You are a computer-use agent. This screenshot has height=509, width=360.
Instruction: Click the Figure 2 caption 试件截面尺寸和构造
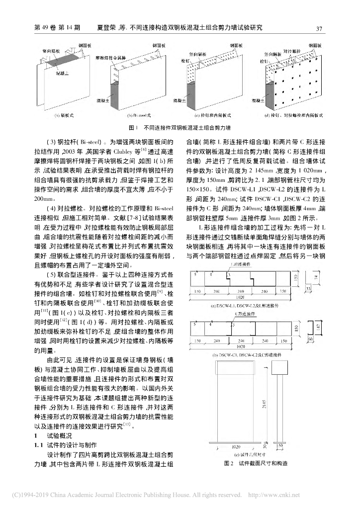[x=257, y=463]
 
